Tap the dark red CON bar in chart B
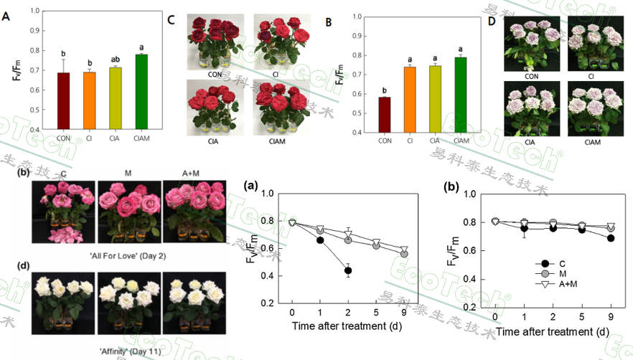pos(384,114)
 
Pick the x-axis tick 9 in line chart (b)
pos(611,316)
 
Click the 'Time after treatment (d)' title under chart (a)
pos(347,326)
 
